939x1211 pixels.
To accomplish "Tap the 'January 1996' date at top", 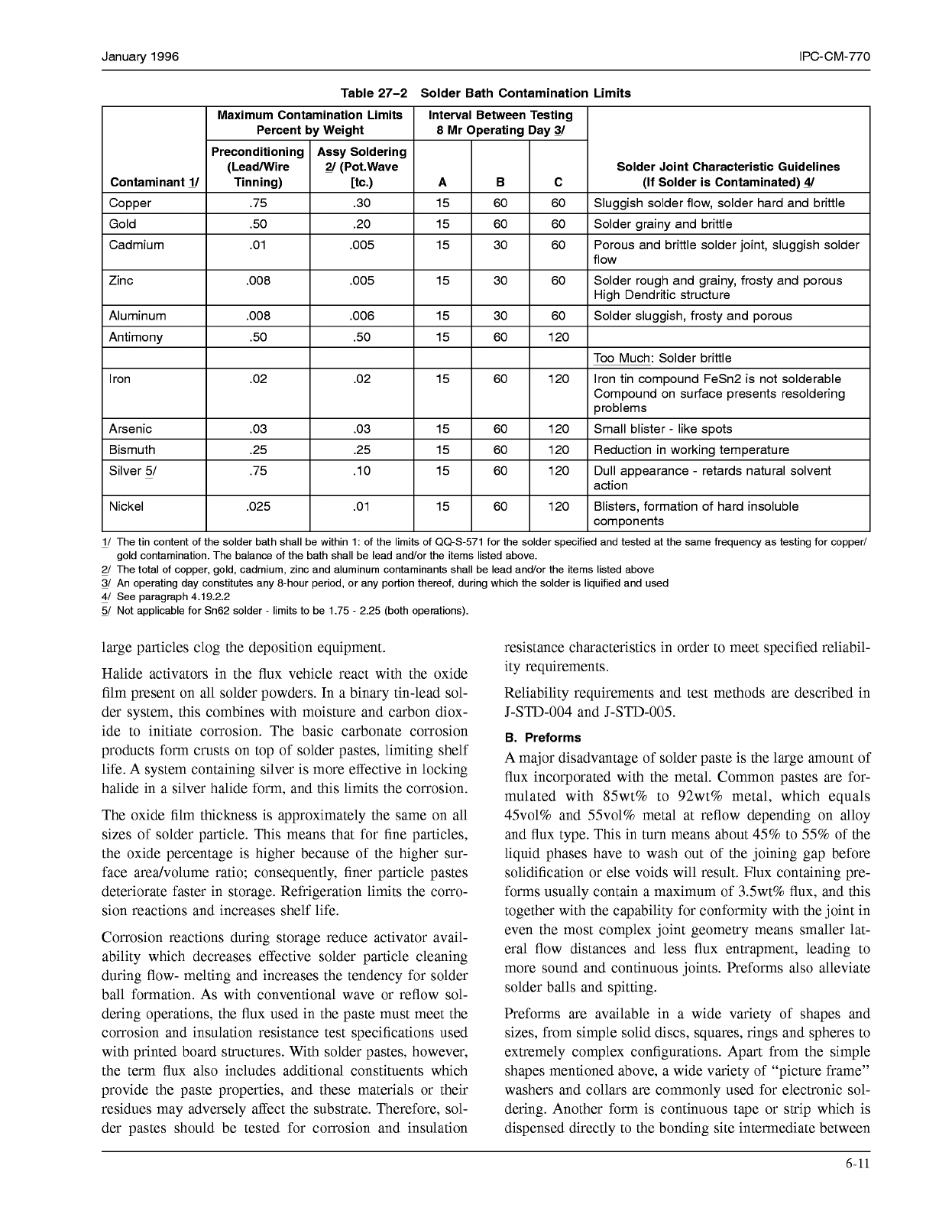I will tap(141, 57).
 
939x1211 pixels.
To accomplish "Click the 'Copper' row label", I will tap(130, 203).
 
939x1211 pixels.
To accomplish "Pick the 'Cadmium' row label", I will tap(136, 245).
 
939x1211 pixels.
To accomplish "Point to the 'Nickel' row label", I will tap(126, 506).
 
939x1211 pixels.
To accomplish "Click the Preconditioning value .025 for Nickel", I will tap(258, 506).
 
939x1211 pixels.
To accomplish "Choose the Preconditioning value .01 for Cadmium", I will tap(258, 245).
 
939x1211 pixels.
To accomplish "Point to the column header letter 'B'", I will tap(500, 182).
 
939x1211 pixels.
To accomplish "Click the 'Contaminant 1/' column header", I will tap(154, 182).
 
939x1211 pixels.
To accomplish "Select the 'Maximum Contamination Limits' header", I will tap(309, 115).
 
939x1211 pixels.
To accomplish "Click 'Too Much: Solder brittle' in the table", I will tap(662, 358).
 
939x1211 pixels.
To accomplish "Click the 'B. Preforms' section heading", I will tap(542, 738).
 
